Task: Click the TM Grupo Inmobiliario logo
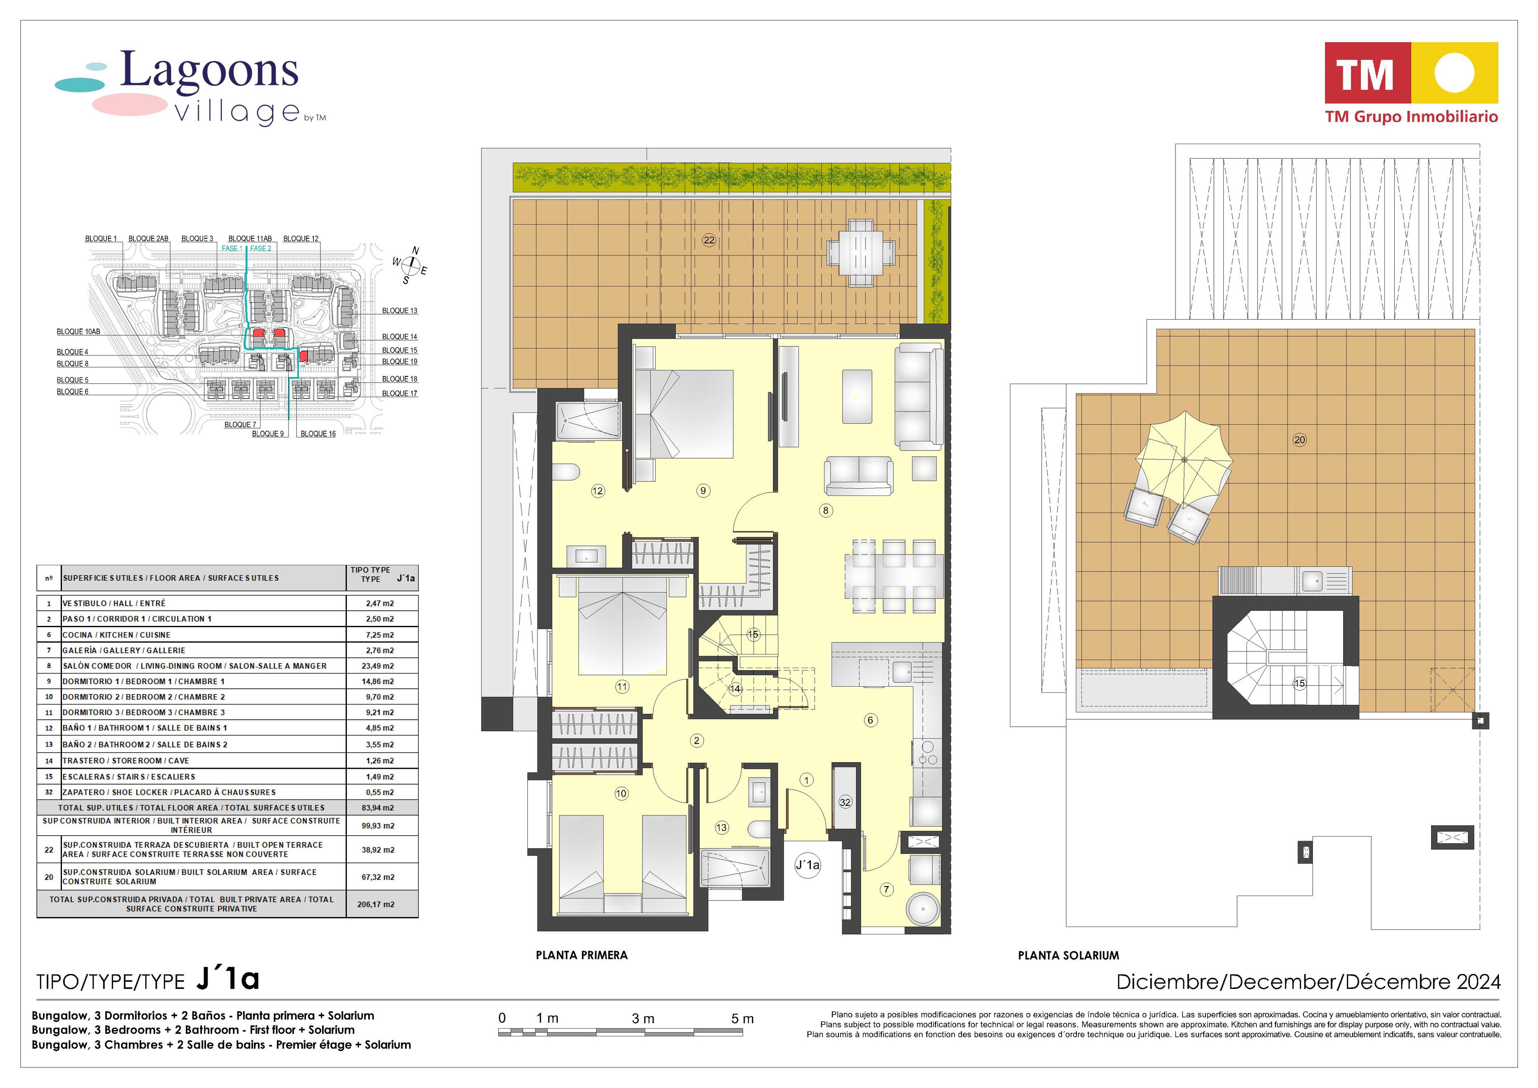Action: click(x=1411, y=83)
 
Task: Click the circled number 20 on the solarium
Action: click(x=1299, y=440)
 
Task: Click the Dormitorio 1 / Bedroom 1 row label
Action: click(x=143, y=681)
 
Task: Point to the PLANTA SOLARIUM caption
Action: click(x=1069, y=956)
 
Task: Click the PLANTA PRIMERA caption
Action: click(x=581, y=955)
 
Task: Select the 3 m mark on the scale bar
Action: click(x=642, y=1018)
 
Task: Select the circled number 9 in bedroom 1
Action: click(x=703, y=491)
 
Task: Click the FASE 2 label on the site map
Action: click(x=261, y=249)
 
